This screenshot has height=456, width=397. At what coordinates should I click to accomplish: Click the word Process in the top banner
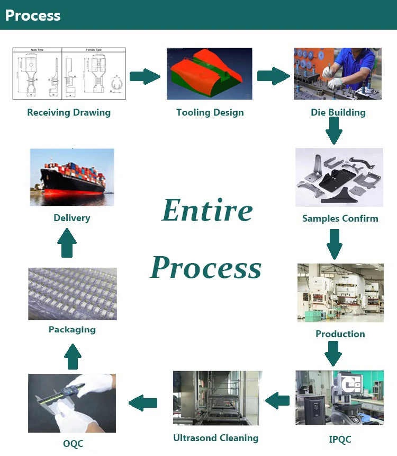(x=33, y=15)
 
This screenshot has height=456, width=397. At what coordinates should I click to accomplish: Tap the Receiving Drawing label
(x=69, y=112)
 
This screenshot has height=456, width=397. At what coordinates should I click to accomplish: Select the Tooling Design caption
(x=210, y=112)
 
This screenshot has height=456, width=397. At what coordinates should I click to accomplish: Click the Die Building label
(x=338, y=112)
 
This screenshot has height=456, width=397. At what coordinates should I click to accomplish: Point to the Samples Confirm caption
(x=340, y=218)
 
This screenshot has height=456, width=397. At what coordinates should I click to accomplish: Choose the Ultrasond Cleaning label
(x=215, y=438)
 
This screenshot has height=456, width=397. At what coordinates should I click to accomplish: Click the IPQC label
(x=340, y=440)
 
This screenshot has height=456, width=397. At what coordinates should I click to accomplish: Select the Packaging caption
(x=72, y=330)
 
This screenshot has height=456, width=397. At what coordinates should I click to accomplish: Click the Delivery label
(x=72, y=218)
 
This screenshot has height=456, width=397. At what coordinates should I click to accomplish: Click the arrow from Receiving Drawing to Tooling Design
(x=145, y=76)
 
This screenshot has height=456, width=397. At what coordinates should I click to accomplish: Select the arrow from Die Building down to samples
(x=333, y=130)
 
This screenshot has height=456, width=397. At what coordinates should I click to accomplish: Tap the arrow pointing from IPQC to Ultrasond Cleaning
(x=277, y=401)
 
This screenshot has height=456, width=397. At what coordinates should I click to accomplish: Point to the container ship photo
(x=72, y=177)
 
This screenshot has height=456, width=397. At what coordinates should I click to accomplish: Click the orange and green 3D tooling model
(x=210, y=74)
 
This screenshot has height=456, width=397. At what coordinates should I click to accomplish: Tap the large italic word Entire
(x=207, y=211)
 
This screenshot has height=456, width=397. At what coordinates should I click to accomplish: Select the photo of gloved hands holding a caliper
(x=72, y=403)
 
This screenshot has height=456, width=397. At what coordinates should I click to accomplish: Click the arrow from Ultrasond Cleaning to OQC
(x=143, y=402)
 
